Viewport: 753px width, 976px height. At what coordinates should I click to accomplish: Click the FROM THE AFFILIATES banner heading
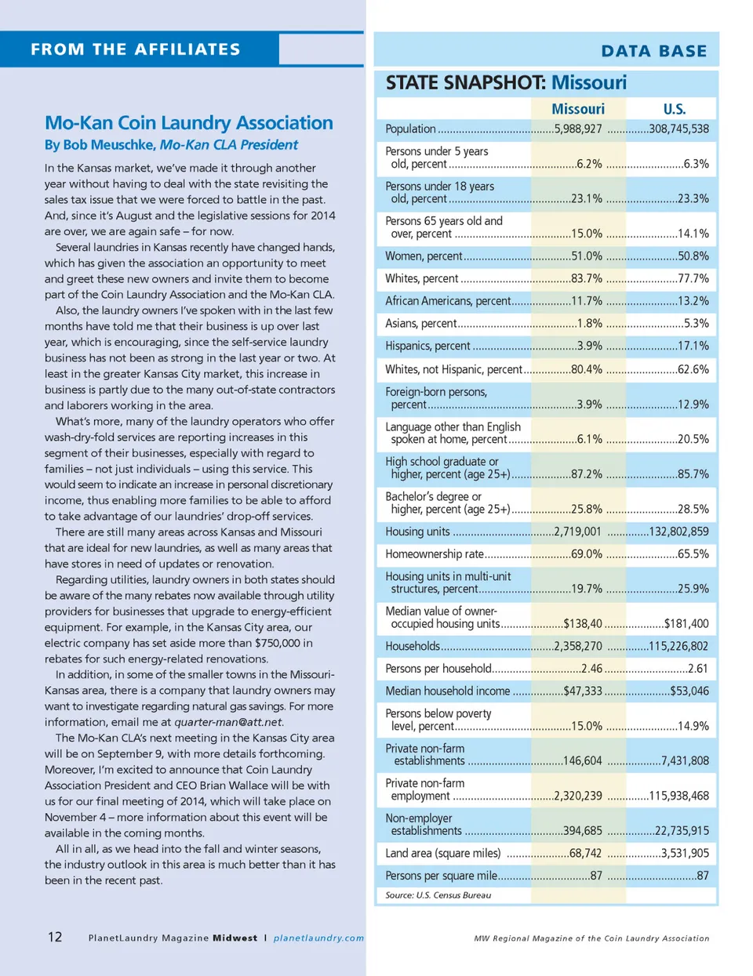coord(136,49)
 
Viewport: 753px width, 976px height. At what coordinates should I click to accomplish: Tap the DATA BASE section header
coord(653,51)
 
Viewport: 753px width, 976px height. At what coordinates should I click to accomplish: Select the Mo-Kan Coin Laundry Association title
coord(189,123)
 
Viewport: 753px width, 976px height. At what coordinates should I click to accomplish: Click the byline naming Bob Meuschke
coord(171,145)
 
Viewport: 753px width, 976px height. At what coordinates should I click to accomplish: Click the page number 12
coord(55,937)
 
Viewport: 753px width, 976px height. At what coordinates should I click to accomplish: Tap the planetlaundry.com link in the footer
coord(318,938)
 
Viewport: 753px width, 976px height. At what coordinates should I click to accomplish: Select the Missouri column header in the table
coord(577,109)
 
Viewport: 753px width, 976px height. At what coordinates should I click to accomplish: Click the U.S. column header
coord(674,109)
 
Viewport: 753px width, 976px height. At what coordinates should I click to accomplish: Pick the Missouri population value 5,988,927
coord(578,129)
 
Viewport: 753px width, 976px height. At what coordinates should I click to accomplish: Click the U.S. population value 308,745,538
coord(678,129)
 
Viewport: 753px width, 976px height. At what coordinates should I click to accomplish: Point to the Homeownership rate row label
coord(435,554)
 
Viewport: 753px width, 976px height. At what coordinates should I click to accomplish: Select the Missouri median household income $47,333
coord(582,691)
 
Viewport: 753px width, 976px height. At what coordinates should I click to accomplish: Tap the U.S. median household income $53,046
coord(689,691)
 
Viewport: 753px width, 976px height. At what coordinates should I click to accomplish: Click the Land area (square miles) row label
coord(442,853)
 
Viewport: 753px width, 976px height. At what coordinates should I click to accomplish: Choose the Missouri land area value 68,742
coord(585,853)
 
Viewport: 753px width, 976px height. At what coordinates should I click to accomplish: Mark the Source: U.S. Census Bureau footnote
coord(438,894)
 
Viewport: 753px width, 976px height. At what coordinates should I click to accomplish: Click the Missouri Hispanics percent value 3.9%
coord(589,346)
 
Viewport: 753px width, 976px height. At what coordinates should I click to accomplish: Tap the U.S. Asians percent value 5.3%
coord(696,323)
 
